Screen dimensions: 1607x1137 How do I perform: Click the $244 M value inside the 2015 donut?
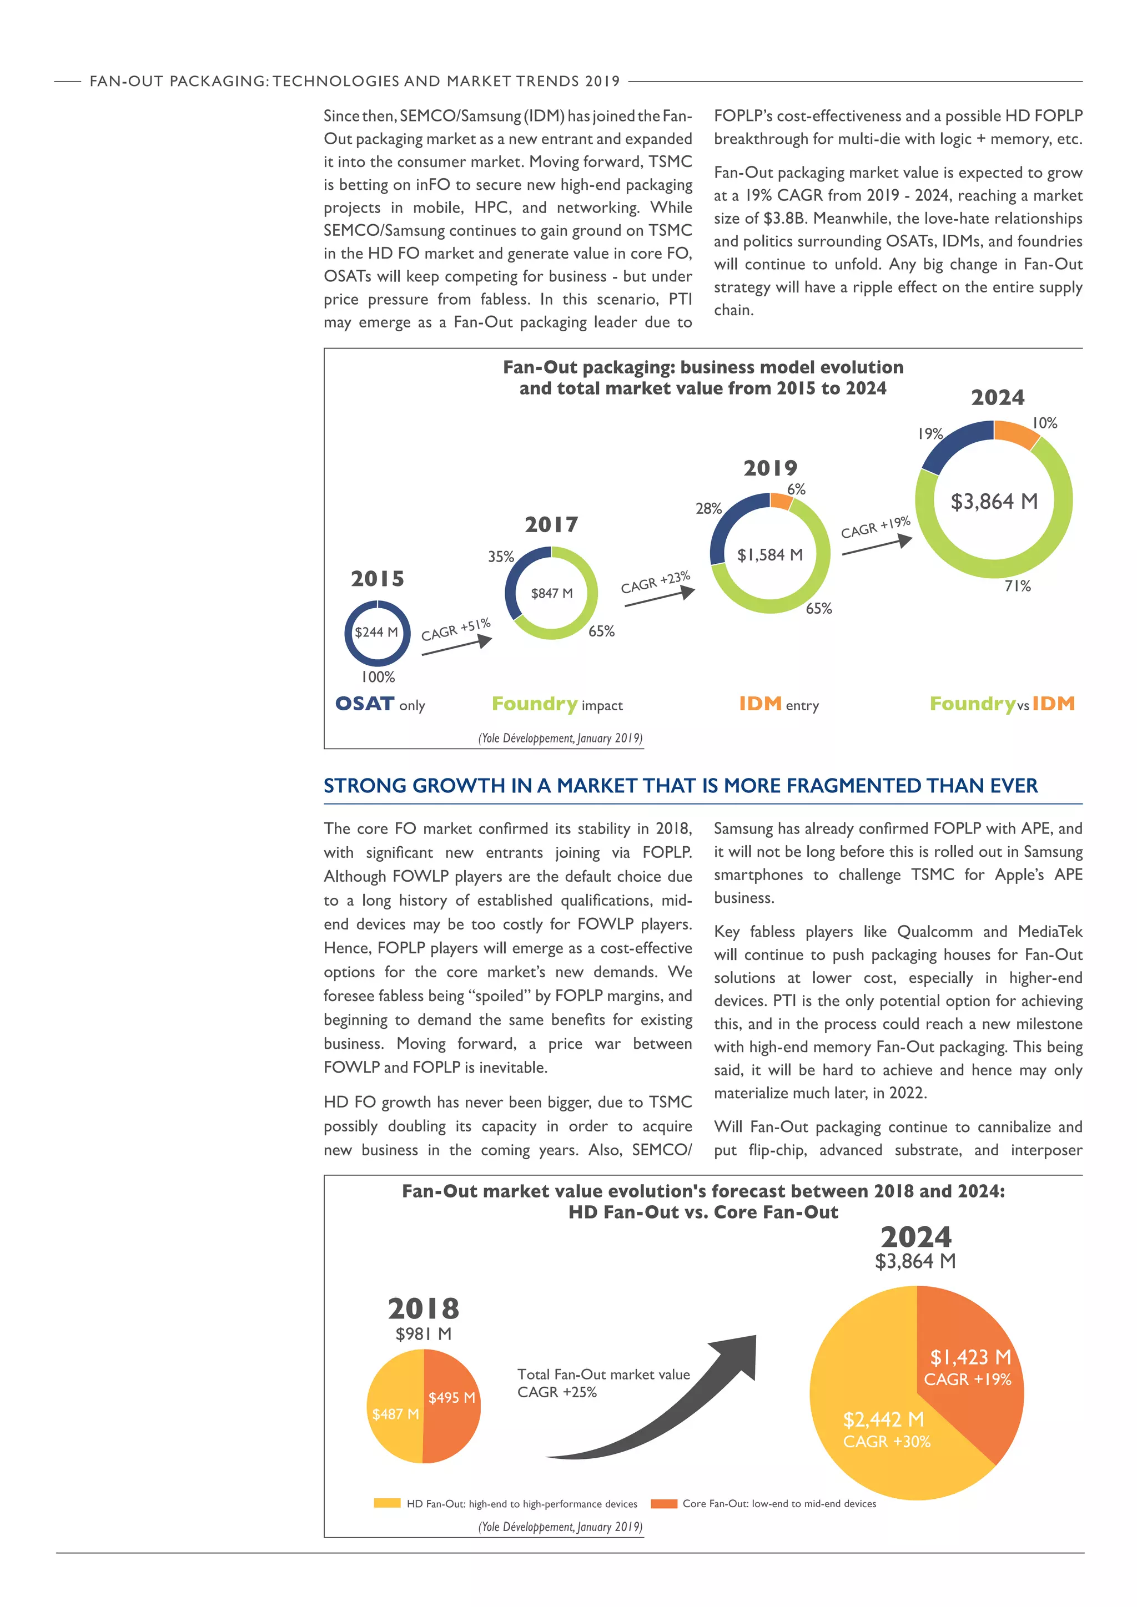376,632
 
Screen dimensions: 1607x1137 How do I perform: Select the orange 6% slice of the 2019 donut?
781,501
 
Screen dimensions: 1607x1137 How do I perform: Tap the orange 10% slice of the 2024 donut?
1016,433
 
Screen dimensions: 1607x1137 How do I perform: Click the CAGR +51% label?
456,629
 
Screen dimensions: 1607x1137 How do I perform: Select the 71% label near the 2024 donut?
1017,586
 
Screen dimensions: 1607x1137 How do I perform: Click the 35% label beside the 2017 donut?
501,557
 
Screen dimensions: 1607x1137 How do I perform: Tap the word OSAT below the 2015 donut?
365,704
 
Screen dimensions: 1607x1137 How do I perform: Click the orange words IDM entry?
778,704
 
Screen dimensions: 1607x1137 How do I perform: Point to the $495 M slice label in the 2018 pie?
451,1398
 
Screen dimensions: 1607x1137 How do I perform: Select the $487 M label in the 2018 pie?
396,1414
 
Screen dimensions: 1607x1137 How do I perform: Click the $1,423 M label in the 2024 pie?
970,1358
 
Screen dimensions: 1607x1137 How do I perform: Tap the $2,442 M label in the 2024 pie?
883,1419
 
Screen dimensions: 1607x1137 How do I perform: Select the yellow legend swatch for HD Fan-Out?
386,1503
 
